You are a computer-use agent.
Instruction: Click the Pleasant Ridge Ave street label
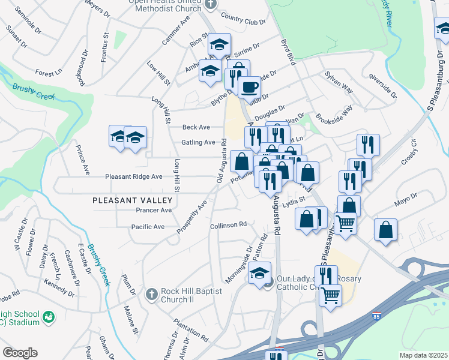pyautogui.click(x=134, y=177)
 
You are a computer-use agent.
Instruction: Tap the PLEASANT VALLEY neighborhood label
pyautogui.click(x=133, y=200)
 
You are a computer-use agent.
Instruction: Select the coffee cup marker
pyautogui.click(x=249, y=87)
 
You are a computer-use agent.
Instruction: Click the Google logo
pyautogui.click(x=20, y=353)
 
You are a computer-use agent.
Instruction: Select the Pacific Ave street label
pyautogui.click(x=148, y=227)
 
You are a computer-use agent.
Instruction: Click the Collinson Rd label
pyautogui.click(x=229, y=225)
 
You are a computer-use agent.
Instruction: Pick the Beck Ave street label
pyautogui.click(x=196, y=127)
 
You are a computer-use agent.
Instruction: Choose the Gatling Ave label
pyautogui.click(x=198, y=143)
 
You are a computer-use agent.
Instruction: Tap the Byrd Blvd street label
pyautogui.click(x=289, y=53)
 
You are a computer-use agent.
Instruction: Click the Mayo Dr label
pyautogui.click(x=405, y=199)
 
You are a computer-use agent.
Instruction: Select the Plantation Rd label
pyautogui.click(x=191, y=328)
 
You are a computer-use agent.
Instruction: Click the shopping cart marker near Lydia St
pyautogui.click(x=345, y=223)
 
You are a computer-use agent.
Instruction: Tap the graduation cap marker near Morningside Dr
pyautogui.click(x=259, y=274)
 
